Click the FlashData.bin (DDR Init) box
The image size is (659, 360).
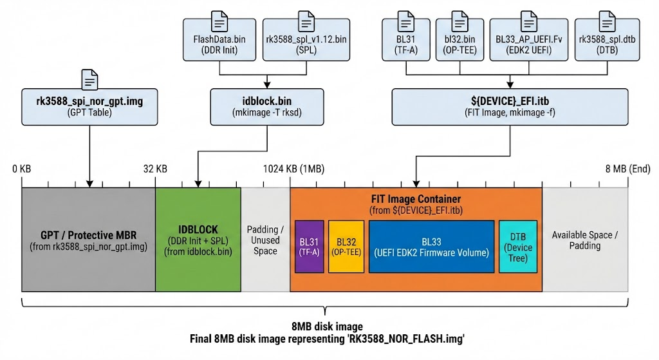point(220,45)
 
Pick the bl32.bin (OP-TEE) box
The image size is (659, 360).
point(456,45)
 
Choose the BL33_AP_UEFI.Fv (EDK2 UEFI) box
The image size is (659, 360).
point(528,45)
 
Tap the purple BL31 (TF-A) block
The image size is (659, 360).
point(309,247)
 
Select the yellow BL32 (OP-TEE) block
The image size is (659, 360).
point(346,247)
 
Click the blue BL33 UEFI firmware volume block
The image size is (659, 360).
point(431,247)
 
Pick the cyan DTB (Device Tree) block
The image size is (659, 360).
point(518,247)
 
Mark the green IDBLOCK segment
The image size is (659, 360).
point(198,240)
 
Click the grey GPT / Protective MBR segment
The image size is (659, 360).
point(88,240)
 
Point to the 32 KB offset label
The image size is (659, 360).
point(155,169)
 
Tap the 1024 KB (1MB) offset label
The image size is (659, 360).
point(293,169)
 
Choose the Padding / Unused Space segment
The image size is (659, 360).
point(265,240)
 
